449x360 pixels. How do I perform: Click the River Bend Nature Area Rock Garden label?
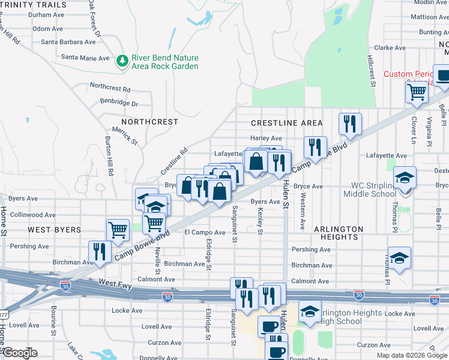coord(165,62)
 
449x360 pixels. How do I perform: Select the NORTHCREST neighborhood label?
coord(145,122)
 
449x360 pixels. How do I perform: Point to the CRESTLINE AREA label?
coord(286,123)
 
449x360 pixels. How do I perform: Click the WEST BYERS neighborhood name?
coord(54,230)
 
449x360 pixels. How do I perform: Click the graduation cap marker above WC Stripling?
coord(405,178)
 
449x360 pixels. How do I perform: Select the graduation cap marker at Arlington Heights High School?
coord(310,312)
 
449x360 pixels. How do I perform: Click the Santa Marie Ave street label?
coord(86,58)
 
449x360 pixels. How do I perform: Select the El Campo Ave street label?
coord(205,232)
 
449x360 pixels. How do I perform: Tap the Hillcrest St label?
coord(371,73)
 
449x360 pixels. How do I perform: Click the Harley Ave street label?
coord(266,139)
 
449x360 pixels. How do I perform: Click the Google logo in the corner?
coord(20,353)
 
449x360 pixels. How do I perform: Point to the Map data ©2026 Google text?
coord(412,355)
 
